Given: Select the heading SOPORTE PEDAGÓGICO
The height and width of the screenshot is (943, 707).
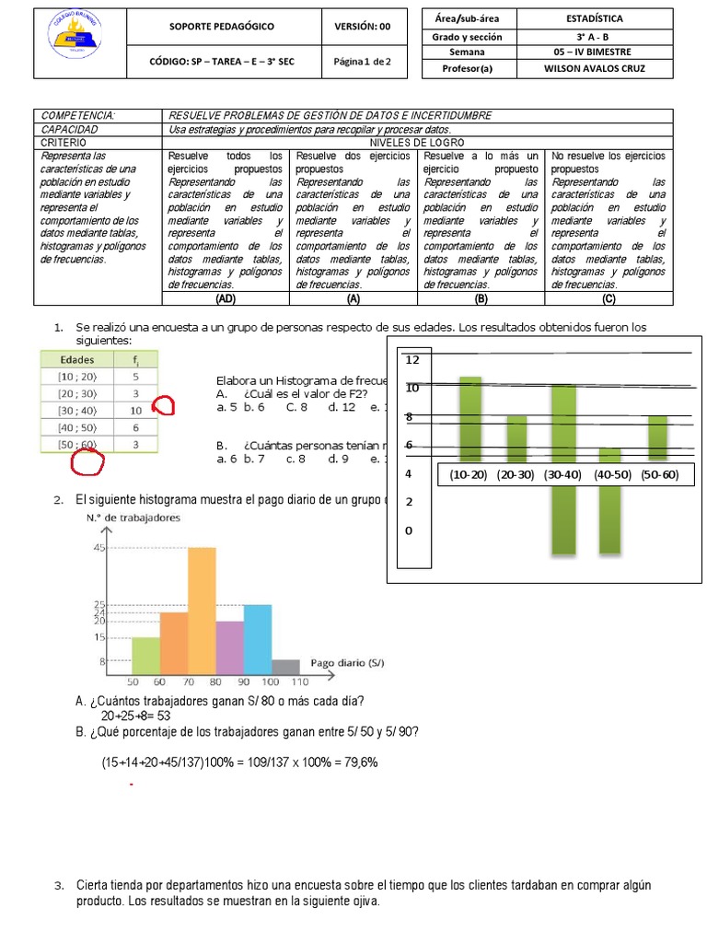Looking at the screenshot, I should (221, 27).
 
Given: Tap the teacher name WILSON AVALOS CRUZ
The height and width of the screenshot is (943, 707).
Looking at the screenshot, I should (594, 68).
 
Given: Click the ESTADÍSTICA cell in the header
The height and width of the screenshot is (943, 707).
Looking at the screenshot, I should (594, 17).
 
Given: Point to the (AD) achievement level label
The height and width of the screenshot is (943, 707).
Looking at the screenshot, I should (225, 298).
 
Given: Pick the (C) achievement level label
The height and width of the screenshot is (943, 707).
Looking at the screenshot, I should (608, 298).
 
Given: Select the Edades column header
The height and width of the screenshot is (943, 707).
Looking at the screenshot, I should (77, 359).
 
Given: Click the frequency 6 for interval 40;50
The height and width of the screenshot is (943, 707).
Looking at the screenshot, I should (135, 427).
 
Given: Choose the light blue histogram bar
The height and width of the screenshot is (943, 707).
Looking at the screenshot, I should (258, 639).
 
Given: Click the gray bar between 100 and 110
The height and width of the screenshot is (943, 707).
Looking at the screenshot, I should (285, 667).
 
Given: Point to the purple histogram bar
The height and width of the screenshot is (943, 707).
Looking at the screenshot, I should (230, 647).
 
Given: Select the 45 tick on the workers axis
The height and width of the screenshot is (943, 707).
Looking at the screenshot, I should (99, 548).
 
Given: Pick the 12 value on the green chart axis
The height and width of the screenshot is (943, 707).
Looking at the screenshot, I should (412, 359).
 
